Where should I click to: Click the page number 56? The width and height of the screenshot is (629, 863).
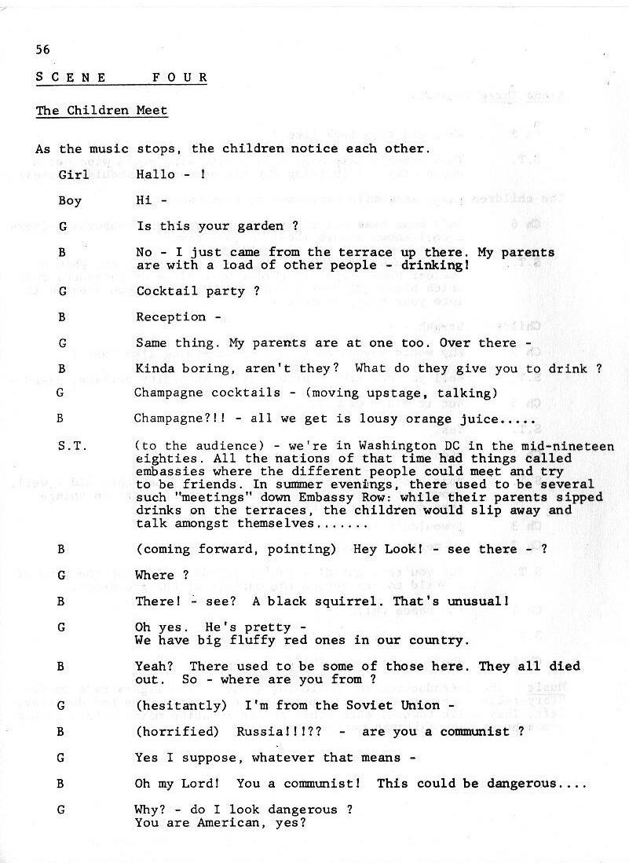point(42,49)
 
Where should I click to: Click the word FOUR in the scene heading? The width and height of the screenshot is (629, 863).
point(181,78)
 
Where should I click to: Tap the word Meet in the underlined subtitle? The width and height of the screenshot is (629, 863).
point(152,111)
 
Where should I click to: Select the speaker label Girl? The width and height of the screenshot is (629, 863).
point(73,174)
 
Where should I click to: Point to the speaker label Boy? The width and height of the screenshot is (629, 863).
point(70,200)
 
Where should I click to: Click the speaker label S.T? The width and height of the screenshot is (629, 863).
point(72,445)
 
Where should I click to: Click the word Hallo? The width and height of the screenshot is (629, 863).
point(154,174)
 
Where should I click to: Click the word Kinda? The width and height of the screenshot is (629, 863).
point(154,368)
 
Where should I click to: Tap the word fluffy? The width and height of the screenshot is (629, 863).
point(225,639)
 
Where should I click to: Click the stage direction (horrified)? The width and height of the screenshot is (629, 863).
point(177,731)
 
